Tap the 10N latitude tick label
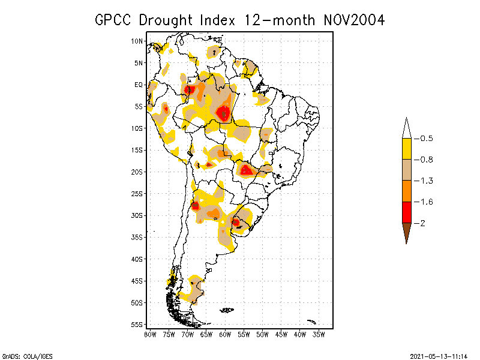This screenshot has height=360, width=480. pyautogui.click(x=137, y=41)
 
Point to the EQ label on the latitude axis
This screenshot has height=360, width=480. pyautogui.click(x=139, y=85)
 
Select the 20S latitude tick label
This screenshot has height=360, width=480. pyautogui.click(x=137, y=172)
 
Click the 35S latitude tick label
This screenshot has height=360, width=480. pyautogui.click(x=137, y=237)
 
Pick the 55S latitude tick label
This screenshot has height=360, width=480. pyautogui.click(x=137, y=325)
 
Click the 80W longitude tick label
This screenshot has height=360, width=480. pyautogui.click(x=150, y=334)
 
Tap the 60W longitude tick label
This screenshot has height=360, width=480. pyautogui.click(x=225, y=334)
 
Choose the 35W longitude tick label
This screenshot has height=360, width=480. pyautogui.click(x=319, y=334)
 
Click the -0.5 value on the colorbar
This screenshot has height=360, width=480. pyautogui.click(x=423, y=139)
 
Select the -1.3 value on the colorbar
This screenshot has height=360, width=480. pyautogui.click(x=423, y=181)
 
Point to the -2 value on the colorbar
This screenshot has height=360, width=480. pyautogui.click(x=421, y=223)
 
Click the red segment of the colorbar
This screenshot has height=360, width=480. pyautogui.click(x=406, y=212)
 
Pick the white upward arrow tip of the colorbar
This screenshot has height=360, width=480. pyautogui.click(x=406, y=128)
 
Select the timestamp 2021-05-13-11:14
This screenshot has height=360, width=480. pyautogui.click(x=439, y=356)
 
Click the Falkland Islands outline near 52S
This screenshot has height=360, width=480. pyautogui.click(x=227, y=310)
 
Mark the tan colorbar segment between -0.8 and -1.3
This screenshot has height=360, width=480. pyautogui.click(x=406, y=170)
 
